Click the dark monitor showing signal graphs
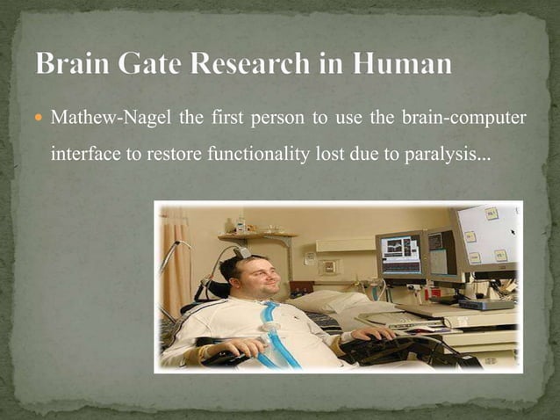click(401, 254)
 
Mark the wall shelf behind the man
click(257, 235)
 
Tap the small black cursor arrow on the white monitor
click(512, 233)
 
